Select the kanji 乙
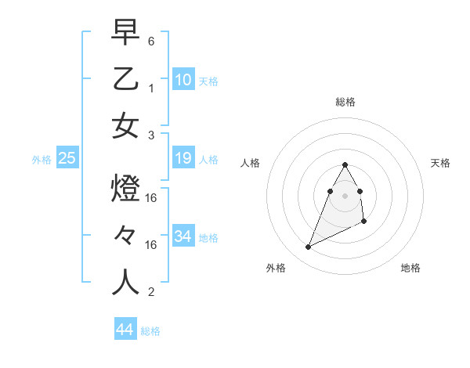[126, 79]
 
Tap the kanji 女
[126, 126]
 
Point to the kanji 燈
[126, 189]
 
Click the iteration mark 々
[126, 236]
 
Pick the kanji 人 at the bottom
[126, 283]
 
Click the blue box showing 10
[183, 80]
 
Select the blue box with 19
[183, 159]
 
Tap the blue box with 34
[183, 236]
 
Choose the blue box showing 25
[67, 159]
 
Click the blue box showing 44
[125, 330]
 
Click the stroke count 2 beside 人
[151, 292]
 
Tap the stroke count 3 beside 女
[151, 135]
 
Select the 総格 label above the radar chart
[345, 102]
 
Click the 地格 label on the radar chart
[410, 268]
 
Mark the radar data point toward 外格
[309, 247]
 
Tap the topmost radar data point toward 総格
[345, 164]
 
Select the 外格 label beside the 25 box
[42, 160]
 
